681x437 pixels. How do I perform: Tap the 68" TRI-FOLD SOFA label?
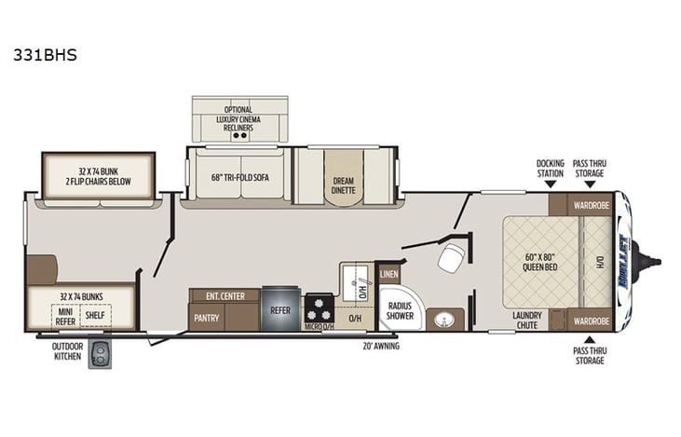click(240, 178)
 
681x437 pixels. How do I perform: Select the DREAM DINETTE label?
click(339, 186)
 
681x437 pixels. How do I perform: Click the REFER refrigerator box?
click(280, 309)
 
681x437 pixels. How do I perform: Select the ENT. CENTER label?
click(225, 296)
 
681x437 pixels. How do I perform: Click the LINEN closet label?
click(388, 274)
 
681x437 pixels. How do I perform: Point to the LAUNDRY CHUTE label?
click(527, 320)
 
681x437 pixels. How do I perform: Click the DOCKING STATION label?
click(550, 168)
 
